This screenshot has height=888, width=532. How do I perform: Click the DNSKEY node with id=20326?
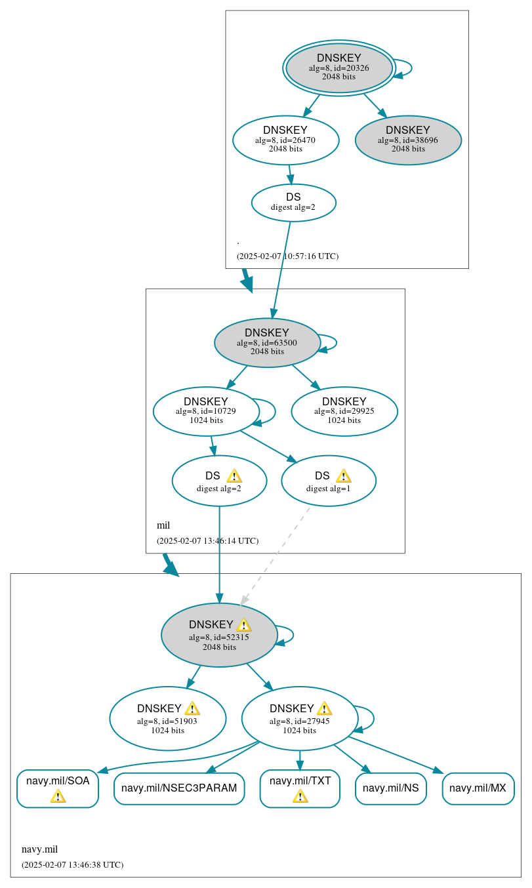(338, 68)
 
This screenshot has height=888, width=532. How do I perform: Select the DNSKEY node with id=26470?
(285, 140)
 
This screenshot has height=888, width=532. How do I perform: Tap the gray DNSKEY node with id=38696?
(408, 140)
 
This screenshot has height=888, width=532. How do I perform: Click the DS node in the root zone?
(293, 203)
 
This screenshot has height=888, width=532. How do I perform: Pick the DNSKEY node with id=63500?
(267, 342)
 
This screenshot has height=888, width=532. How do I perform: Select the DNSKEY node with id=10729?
(206, 411)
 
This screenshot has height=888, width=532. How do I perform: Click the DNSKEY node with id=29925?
(344, 411)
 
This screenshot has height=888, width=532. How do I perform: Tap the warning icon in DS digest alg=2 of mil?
(234, 476)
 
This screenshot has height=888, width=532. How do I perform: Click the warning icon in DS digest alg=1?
(343, 476)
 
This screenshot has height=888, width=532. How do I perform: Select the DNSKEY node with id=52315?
(219, 635)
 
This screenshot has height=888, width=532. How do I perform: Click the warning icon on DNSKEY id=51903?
(192, 708)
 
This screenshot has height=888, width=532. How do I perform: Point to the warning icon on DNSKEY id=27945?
(324, 708)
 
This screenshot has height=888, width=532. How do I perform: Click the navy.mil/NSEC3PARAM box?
(179, 788)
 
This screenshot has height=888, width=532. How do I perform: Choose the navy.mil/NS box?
(391, 788)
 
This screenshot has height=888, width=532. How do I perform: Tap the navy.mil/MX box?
(478, 788)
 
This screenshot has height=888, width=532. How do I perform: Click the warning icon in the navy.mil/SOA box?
(58, 796)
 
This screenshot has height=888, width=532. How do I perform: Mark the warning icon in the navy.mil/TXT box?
(300, 796)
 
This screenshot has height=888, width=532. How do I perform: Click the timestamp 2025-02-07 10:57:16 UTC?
(287, 256)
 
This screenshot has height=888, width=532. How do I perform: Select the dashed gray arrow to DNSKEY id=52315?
(276, 555)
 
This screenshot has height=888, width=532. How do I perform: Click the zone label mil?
(163, 525)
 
